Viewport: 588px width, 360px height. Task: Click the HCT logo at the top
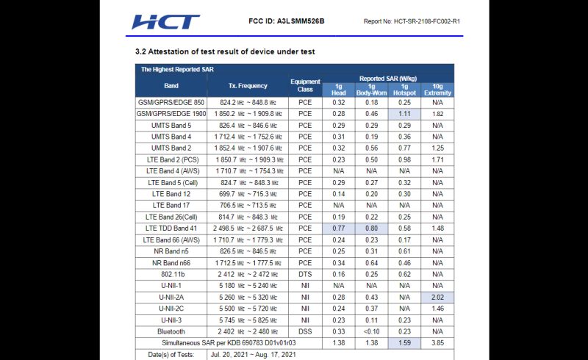coord(165,22)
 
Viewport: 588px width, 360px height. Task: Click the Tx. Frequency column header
coord(248,86)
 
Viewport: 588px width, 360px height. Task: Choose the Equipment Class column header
coord(305,86)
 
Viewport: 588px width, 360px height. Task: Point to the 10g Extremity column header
coord(437,90)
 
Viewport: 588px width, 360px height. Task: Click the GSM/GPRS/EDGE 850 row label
coord(171,103)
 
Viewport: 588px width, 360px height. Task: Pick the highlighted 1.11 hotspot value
coord(404,114)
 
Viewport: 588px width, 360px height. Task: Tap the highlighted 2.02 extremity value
coord(437,296)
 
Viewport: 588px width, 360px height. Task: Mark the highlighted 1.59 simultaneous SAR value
coord(404,342)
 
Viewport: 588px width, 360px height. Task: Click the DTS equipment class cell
coord(305,273)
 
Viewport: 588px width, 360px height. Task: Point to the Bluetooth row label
coord(171,331)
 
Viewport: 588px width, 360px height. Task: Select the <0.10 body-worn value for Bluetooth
coord(371,331)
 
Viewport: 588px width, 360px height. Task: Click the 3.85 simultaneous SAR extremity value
coord(437,342)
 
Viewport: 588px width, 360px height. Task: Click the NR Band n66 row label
coord(171,262)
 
